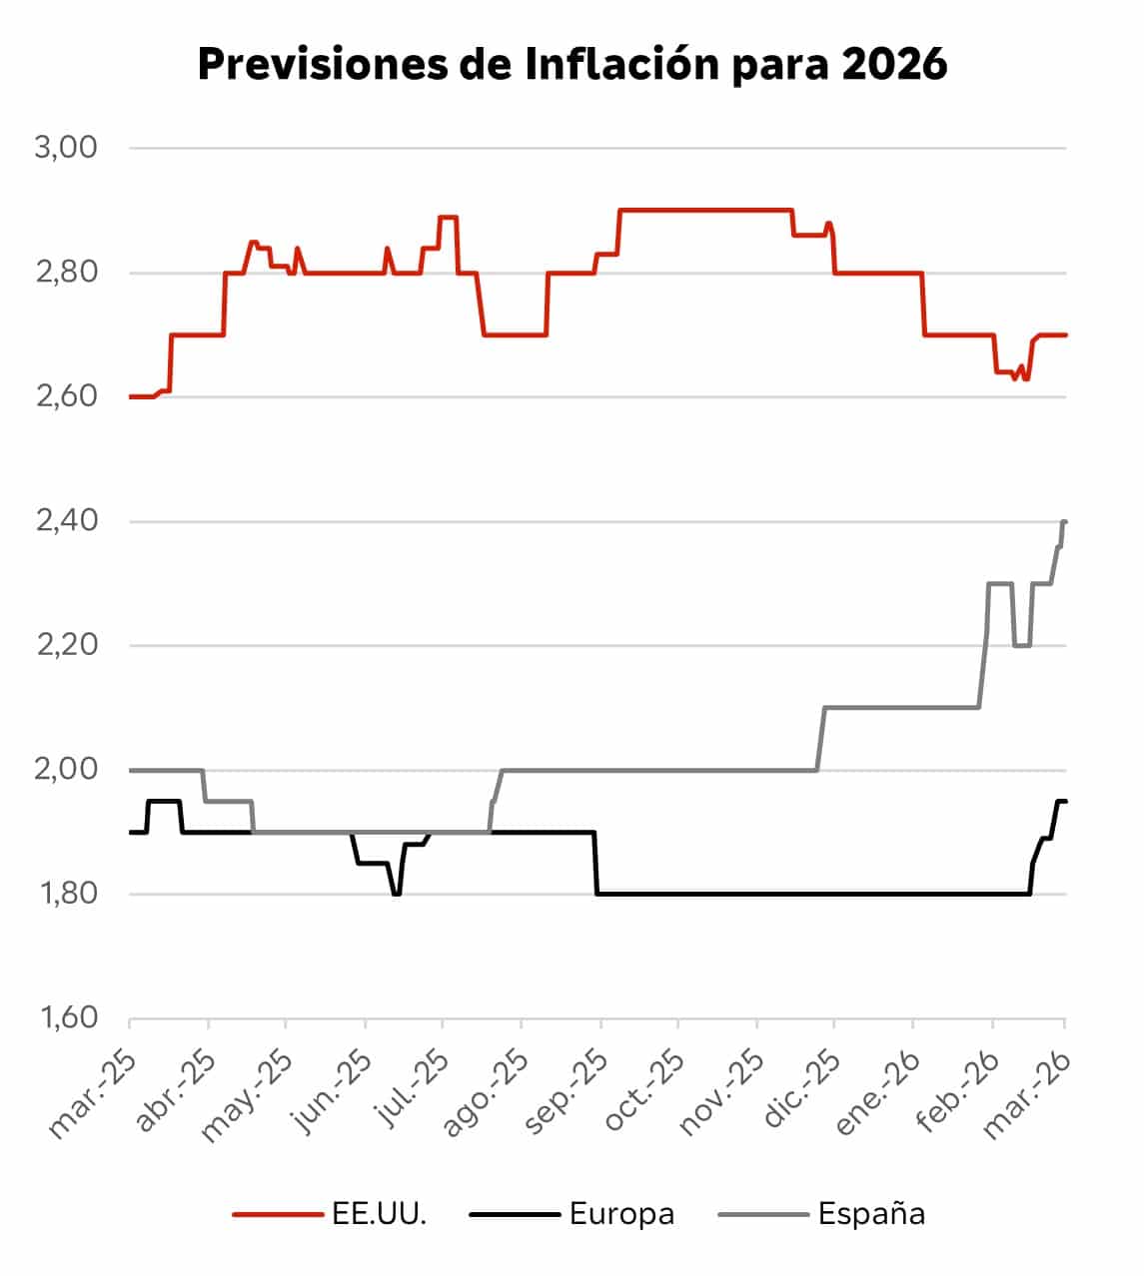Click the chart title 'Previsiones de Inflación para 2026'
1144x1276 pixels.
click(x=572, y=65)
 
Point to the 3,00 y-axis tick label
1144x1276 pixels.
click(x=66, y=148)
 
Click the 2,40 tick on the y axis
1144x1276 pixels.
click(x=66, y=521)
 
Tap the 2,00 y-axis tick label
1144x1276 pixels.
click(x=66, y=770)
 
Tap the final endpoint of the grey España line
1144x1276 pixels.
click(x=1065, y=521)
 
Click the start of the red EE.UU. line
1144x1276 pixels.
click(x=131, y=397)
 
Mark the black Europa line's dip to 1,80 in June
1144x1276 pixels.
click(x=397, y=894)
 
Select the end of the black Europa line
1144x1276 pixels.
click(x=1065, y=801)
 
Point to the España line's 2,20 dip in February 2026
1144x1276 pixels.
click(x=1022, y=645)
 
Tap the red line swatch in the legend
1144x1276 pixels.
click(x=274, y=1214)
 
